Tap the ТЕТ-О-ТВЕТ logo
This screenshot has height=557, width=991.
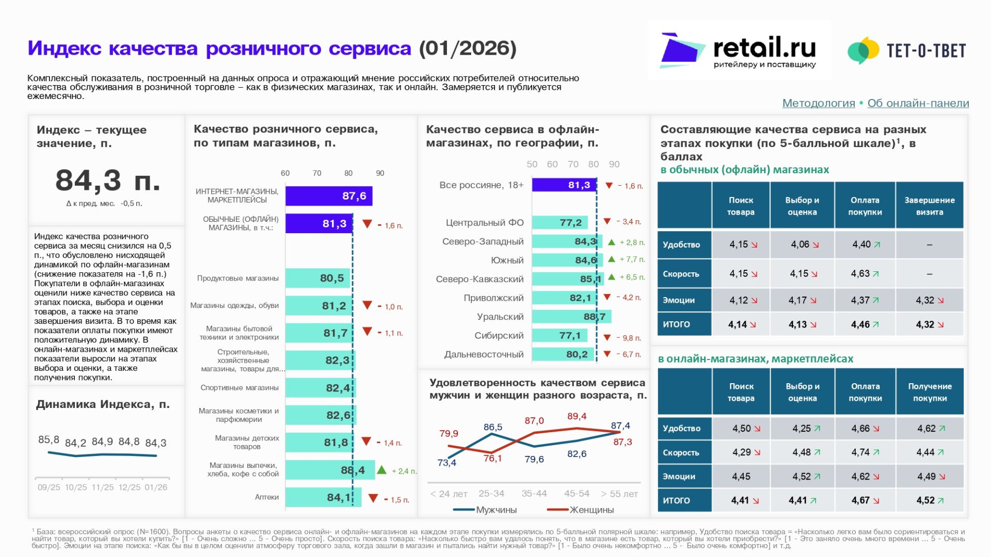[907, 51]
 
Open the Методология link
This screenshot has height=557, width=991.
[818, 103]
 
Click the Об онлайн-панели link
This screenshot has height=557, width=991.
[918, 103]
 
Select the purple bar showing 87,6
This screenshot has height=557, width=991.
[329, 196]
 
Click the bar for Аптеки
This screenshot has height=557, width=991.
[323, 498]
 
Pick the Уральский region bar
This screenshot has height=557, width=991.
[571, 317]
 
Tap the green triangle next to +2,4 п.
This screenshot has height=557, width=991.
[381, 470]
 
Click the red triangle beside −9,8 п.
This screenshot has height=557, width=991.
[607, 338]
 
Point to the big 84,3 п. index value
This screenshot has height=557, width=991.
[107, 181]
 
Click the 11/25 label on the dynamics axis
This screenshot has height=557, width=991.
[102, 487]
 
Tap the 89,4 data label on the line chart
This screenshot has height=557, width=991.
[577, 416]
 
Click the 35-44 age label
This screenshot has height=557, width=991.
[534, 494]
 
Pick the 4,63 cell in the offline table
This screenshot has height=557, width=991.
[865, 274]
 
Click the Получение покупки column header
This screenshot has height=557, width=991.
[930, 392]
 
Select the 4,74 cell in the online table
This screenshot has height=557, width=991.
[865, 452]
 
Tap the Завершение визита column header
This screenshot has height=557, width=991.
[929, 206]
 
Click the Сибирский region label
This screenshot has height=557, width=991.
[499, 336]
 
